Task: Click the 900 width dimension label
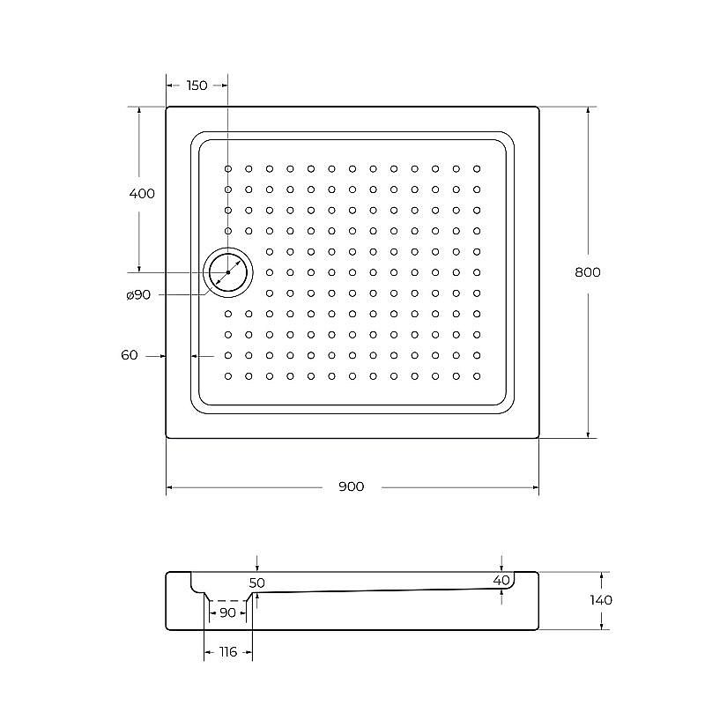351,487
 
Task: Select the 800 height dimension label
587,272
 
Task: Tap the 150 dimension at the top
197,85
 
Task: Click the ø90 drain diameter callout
138,295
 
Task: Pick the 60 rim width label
130,355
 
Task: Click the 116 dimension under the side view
227,652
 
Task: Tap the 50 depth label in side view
256,583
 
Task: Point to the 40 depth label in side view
501,580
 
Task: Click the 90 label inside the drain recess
227,612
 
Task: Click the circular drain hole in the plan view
228,272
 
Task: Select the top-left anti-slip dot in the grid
228,168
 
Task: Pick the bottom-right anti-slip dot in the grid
477,376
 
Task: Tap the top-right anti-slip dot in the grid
477,168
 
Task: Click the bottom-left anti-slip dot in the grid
228,376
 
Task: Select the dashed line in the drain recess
227,600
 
